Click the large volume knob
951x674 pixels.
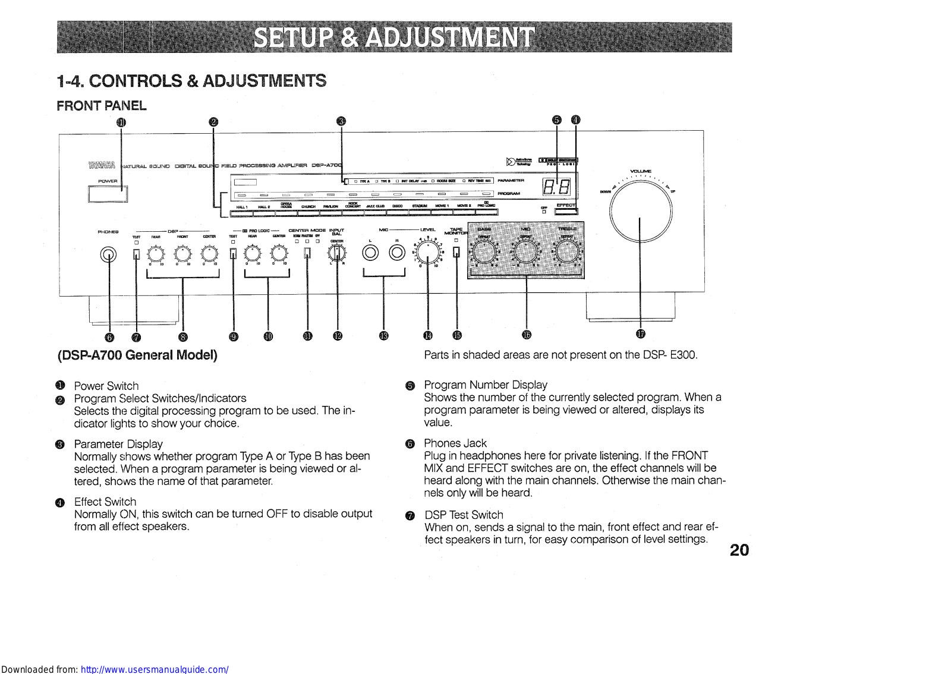(640, 210)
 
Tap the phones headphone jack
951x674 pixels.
(108, 254)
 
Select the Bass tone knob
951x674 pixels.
(484, 253)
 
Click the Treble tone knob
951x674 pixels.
(567, 253)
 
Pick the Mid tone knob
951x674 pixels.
(525, 253)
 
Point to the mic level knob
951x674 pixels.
(428, 253)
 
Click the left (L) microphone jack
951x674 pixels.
(370, 253)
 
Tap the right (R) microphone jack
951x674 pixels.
(396, 253)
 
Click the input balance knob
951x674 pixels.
(337, 253)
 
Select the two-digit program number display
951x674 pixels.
(557, 188)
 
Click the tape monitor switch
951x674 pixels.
(456, 253)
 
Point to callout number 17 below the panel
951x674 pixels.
(640, 334)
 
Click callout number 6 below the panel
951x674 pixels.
(109, 338)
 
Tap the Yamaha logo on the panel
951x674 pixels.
(102, 165)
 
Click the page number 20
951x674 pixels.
(739, 550)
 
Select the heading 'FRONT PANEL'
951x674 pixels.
(102, 106)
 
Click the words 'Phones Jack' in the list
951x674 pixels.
(455, 443)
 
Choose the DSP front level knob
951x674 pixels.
(182, 254)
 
